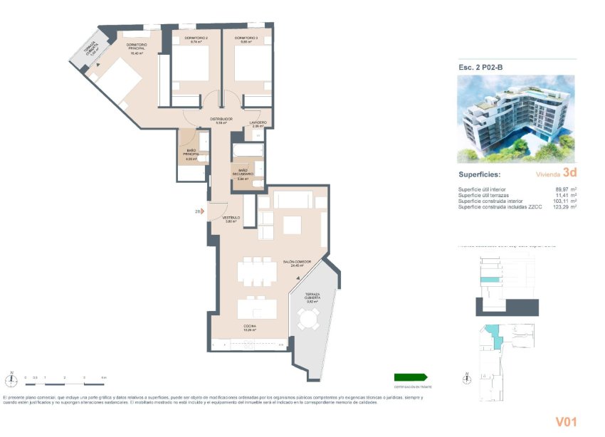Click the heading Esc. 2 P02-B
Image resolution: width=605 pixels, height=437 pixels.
[x=482, y=68]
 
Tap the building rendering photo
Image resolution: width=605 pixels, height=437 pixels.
[x=515, y=119]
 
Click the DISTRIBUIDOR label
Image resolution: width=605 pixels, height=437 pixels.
[x=221, y=120]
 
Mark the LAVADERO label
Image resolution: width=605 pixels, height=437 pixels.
[x=258, y=122]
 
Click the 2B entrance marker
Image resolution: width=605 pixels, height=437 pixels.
[x=197, y=211]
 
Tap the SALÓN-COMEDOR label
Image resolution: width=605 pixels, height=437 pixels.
[x=296, y=262]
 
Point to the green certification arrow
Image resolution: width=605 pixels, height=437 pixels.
[x=411, y=377]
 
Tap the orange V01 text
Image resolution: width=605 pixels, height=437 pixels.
[x=565, y=422]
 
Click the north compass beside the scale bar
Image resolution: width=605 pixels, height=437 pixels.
[x=11, y=378]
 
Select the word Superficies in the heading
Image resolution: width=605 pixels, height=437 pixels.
[x=479, y=174]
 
